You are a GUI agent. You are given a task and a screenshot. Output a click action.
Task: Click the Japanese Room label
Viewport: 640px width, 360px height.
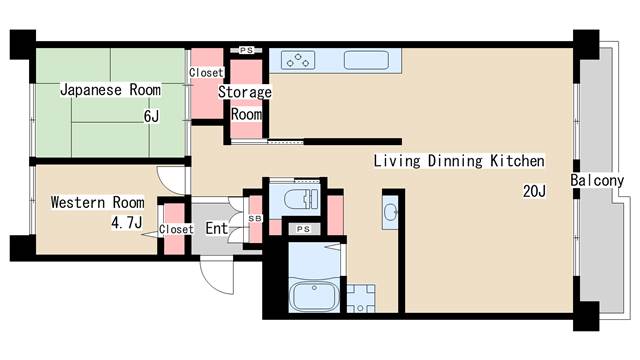click(110, 90)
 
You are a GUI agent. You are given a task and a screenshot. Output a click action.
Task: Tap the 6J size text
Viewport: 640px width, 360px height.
click(151, 116)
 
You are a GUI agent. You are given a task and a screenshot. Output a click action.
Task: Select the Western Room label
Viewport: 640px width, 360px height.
click(97, 203)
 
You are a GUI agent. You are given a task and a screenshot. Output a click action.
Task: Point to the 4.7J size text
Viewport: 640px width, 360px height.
click(127, 222)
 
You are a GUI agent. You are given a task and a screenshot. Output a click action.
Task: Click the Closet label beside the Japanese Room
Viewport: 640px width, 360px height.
click(206, 72)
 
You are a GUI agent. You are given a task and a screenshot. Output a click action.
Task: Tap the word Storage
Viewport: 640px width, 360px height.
click(245, 92)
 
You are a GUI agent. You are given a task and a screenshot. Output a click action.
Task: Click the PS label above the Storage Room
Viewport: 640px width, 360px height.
click(246, 49)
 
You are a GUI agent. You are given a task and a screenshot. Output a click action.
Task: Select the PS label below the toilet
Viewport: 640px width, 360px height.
click(303, 229)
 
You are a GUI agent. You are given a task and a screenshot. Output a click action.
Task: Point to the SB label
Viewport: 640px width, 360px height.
click(254, 217)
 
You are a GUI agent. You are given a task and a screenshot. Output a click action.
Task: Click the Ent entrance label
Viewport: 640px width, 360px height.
click(217, 229)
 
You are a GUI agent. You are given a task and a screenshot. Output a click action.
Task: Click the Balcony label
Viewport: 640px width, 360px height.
click(598, 181)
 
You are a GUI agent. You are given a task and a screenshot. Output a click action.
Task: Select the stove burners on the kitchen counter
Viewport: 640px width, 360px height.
click(297, 60)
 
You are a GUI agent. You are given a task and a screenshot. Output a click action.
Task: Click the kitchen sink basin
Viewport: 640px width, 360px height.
click(366, 59)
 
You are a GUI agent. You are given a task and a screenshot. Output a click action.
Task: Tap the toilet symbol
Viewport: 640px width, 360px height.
click(298, 198)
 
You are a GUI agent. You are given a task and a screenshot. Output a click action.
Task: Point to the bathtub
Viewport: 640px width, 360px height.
click(314, 297)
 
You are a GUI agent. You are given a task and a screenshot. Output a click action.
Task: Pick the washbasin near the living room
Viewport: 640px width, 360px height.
click(391, 214)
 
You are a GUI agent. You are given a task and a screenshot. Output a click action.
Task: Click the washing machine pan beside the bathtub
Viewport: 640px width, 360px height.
click(360, 297)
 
